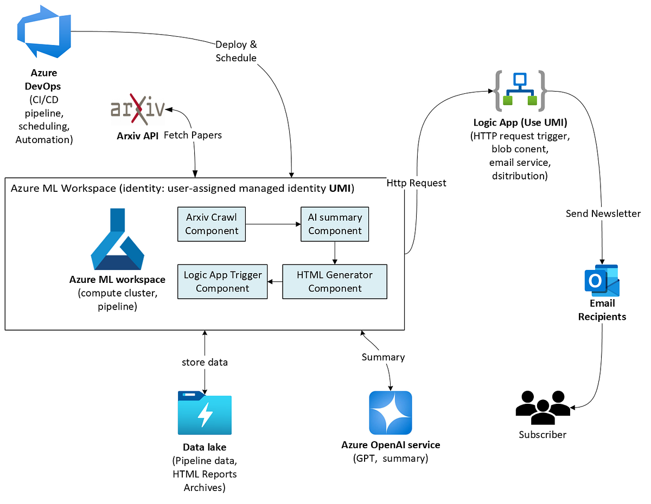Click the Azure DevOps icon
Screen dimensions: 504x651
pyautogui.click(x=44, y=33)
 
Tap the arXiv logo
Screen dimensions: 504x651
pyautogui.click(x=137, y=109)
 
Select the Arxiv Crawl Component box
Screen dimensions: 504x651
pyautogui.click(x=212, y=224)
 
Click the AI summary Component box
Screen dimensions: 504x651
pyautogui.click(x=335, y=224)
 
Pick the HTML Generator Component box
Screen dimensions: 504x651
pyautogui.click(x=335, y=281)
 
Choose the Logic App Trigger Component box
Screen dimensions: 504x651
pyautogui.click(x=222, y=281)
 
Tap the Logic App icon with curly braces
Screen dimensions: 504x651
pyautogui.click(x=519, y=91)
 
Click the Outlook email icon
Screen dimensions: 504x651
pyautogui.click(x=602, y=281)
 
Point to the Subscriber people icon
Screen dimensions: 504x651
pyautogui.click(x=542, y=406)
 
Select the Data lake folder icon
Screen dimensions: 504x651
pyautogui.click(x=205, y=413)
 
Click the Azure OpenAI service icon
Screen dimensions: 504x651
pyautogui.click(x=390, y=413)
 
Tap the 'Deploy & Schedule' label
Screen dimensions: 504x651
pyautogui.click(x=236, y=51)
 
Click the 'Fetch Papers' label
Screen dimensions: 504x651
pyautogui.click(x=193, y=135)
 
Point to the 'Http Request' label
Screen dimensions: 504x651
pyautogui.click(x=417, y=183)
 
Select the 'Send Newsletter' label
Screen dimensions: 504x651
pyautogui.click(x=603, y=214)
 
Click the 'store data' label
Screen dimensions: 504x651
pyautogui.click(x=205, y=362)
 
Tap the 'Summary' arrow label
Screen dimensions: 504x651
pyautogui.click(x=383, y=357)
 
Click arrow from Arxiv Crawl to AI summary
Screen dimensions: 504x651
pyautogui.click(x=273, y=223)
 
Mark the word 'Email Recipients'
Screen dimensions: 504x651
pyautogui.click(x=602, y=310)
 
